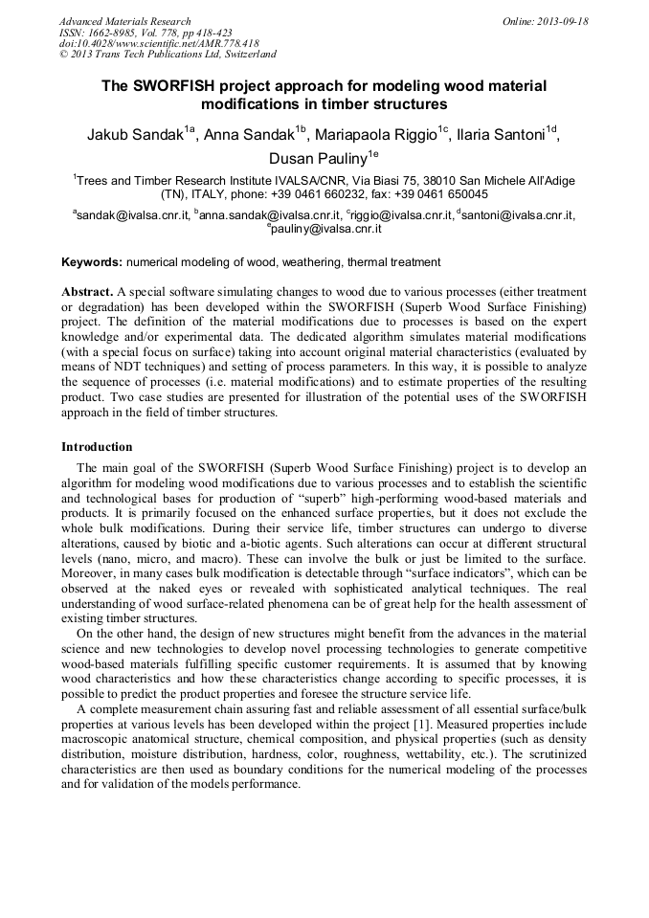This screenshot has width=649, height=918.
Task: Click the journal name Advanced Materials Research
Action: point(124,21)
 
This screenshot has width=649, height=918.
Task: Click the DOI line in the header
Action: point(159,44)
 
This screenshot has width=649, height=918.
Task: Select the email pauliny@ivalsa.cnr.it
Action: point(327,230)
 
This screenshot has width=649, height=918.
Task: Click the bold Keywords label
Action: point(92,261)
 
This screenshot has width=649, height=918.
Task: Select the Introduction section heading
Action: point(97,446)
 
